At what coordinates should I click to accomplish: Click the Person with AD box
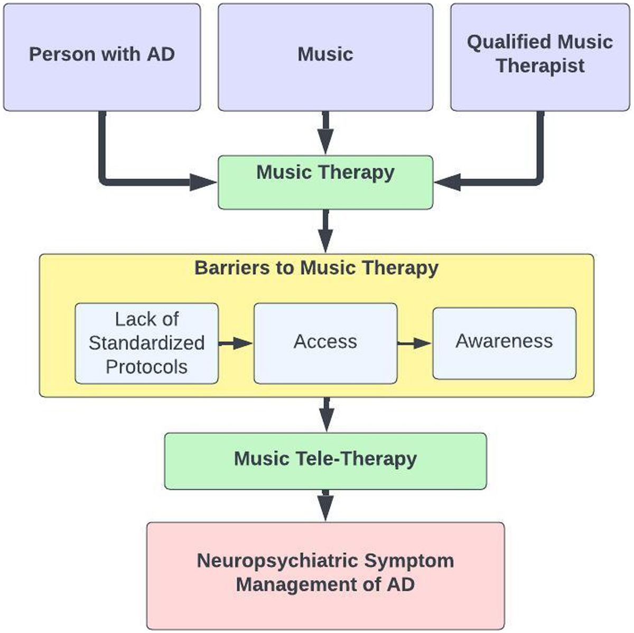coord(102,57)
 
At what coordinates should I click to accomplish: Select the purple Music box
coord(325,57)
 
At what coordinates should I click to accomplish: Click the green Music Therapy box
coord(325,182)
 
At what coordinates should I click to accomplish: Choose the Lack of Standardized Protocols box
coord(146,343)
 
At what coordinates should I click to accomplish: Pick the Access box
coord(325,343)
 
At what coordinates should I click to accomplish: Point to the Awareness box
coord(504,343)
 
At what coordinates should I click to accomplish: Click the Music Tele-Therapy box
coord(325,461)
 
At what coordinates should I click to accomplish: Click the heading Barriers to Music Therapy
coord(316,268)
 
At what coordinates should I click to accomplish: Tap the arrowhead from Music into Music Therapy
coord(325,144)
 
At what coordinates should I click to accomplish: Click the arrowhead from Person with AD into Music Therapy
coord(203,182)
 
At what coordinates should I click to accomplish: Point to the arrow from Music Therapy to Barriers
coord(325,231)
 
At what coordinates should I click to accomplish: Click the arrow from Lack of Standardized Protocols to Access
coord(236,343)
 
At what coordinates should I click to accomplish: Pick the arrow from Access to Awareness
coord(415,343)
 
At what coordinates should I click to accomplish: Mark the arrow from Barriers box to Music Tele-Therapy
coord(327,415)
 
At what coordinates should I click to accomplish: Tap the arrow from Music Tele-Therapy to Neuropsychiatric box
coord(325,506)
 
